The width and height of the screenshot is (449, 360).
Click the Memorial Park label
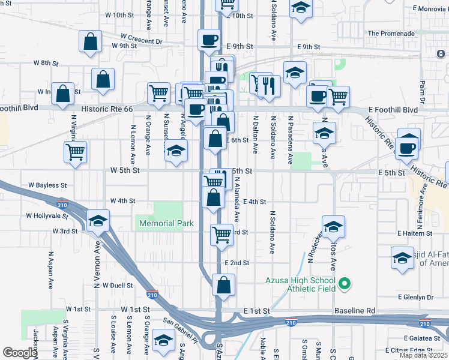point(166,223)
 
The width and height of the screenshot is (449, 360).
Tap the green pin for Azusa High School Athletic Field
point(345,282)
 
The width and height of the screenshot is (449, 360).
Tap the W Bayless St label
point(46,186)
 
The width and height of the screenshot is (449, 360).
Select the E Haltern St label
point(415,233)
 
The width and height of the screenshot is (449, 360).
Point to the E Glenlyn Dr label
point(415,297)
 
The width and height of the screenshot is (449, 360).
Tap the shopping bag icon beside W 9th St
point(90,42)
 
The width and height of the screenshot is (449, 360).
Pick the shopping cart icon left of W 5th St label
point(76,152)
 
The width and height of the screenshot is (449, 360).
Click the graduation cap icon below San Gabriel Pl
point(163,340)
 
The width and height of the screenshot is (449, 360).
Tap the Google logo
point(19,353)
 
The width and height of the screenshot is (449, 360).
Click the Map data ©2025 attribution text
point(423,355)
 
